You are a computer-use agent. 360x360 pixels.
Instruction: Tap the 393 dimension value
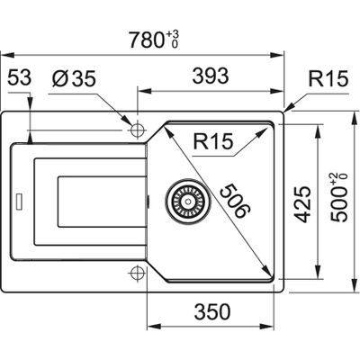click(x=211, y=76)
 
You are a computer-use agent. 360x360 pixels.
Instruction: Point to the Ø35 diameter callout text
click(x=74, y=79)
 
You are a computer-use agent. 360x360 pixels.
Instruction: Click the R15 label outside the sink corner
click(x=328, y=79)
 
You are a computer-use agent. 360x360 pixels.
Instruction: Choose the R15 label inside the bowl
click(x=213, y=141)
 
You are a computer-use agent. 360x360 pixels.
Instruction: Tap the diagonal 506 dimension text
click(x=234, y=201)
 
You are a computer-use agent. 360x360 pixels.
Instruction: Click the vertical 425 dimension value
click(x=301, y=204)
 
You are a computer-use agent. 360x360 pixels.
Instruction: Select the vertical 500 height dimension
click(x=339, y=197)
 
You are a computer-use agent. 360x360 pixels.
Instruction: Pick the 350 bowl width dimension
click(x=212, y=311)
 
